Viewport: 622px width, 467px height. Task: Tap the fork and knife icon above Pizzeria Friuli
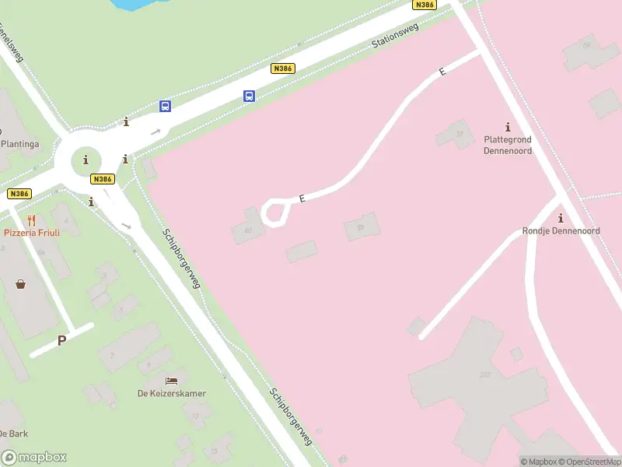pyautogui.click(x=31, y=220)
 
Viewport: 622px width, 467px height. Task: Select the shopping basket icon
pyautogui.click(x=20, y=284)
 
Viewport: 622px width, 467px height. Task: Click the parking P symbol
pyautogui.click(x=62, y=340)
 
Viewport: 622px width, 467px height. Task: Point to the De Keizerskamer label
pyautogui.click(x=172, y=393)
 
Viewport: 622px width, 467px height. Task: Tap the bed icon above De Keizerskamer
pyautogui.click(x=172, y=381)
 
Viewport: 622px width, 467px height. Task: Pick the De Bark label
pyautogui.click(x=14, y=434)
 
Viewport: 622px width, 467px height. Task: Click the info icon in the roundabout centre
pyautogui.click(x=86, y=160)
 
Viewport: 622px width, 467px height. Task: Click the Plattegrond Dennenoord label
pyautogui.click(x=508, y=145)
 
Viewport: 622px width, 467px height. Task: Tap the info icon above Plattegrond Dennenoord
pyautogui.click(x=508, y=127)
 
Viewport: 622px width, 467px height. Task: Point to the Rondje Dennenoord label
pyautogui.click(x=561, y=231)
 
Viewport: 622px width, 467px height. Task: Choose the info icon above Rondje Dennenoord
pyautogui.click(x=561, y=218)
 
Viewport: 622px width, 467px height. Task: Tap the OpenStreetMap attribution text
pyautogui.click(x=589, y=462)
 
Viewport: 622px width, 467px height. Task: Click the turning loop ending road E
pyautogui.click(x=274, y=212)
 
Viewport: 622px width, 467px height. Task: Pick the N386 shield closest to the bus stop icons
pyautogui.click(x=282, y=68)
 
